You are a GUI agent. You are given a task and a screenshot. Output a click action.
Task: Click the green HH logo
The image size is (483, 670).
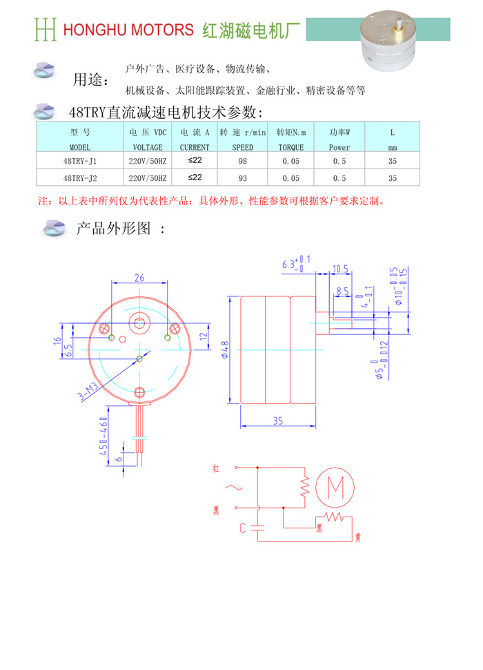46,30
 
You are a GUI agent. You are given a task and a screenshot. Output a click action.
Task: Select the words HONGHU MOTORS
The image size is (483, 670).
128,30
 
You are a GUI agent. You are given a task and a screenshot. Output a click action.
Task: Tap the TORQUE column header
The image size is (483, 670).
291,147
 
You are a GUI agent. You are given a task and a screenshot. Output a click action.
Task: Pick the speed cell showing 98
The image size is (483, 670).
243,161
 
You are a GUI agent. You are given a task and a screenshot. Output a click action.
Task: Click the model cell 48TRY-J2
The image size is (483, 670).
80,178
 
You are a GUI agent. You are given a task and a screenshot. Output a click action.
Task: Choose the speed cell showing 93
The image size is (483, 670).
243,178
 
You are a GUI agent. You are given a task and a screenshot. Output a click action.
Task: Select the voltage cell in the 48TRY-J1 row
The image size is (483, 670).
148,161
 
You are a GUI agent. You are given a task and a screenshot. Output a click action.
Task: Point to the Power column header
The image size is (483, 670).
339,147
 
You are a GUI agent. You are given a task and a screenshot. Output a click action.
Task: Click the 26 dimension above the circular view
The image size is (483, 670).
139,278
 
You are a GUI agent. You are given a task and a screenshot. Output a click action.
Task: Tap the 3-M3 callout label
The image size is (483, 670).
88,392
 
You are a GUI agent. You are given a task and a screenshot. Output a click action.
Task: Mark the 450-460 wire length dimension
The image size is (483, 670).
103,437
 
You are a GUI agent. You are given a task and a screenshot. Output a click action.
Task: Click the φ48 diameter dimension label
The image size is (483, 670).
225,350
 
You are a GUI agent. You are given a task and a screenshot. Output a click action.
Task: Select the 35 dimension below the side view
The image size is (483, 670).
278,421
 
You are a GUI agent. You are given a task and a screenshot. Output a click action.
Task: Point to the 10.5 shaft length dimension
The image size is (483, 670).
340,269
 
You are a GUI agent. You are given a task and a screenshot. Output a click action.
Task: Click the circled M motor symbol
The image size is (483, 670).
335,487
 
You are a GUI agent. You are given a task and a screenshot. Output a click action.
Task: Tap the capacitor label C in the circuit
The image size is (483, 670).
243,528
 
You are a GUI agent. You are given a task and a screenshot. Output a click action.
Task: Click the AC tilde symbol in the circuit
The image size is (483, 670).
234,487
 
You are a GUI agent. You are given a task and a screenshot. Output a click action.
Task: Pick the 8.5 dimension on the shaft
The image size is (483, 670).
342,291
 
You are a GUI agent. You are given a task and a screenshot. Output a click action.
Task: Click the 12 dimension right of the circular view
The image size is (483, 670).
204,336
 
